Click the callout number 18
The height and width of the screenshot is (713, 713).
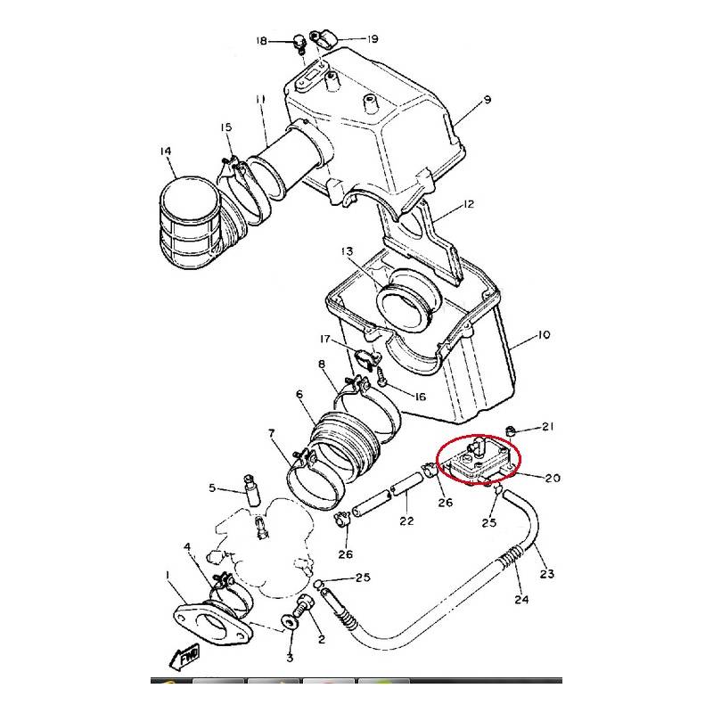261,41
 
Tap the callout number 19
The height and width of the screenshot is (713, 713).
373,39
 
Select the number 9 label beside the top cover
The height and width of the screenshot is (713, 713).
488,101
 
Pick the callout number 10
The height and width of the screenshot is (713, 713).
544,335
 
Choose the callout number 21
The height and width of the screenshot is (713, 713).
548,426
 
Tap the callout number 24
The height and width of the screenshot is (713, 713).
521,599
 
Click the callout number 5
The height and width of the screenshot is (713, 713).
213,488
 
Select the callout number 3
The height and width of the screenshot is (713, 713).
289,659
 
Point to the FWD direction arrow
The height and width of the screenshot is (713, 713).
186,659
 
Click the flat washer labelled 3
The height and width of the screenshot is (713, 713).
291,621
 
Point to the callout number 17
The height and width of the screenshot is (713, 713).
326,339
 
